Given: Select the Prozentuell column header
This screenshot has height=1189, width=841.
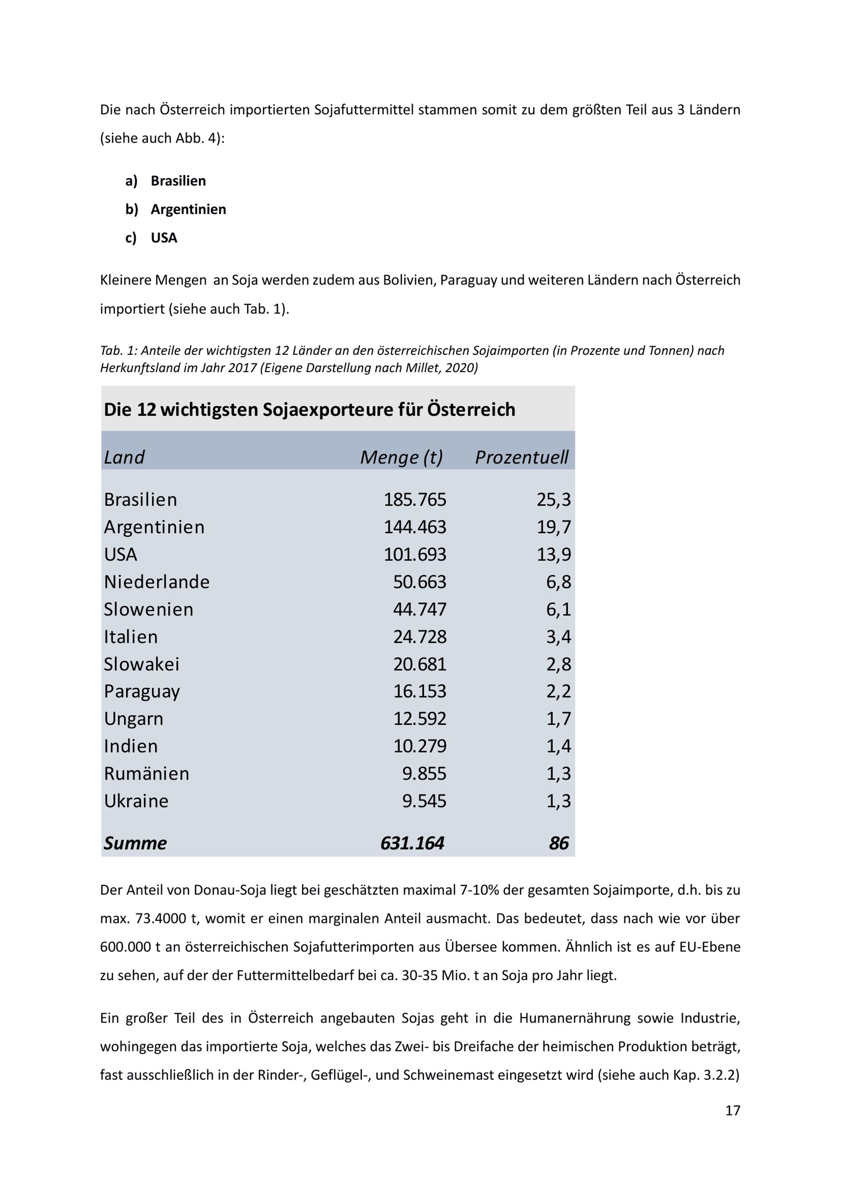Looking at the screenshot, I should pyautogui.click(x=521, y=457).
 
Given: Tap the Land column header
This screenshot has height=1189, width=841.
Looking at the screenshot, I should pyautogui.click(x=124, y=457).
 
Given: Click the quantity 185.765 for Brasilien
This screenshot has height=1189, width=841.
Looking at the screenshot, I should pyautogui.click(x=414, y=500).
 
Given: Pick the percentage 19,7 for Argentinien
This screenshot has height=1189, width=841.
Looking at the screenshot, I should pyautogui.click(x=554, y=527).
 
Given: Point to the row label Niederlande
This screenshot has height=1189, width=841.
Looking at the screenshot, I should pyautogui.click(x=156, y=582).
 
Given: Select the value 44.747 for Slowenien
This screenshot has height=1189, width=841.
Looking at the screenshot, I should pyautogui.click(x=420, y=610).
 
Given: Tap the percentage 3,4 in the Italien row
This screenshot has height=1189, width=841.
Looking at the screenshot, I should pyautogui.click(x=558, y=637).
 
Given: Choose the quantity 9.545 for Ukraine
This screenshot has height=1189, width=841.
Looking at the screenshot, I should pyautogui.click(x=424, y=801).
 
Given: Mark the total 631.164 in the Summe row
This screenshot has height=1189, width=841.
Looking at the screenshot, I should pyautogui.click(x=412, y=843).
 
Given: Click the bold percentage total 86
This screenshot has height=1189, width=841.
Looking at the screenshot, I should pyautogui.click(x=559, y=843).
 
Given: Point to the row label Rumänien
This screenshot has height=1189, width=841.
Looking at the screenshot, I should pyautogui.click(x=147, y=774).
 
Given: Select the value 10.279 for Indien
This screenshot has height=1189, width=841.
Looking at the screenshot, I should pyautogui.click(x=420, y=746).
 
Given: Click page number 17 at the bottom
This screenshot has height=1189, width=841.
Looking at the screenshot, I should pyautogui.click(x=732, y=1110).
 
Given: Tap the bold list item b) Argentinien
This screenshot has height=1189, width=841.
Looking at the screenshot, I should pyautogui.click(x=188, y=209).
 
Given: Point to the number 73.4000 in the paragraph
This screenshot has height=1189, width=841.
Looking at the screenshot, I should pyautogui.click(x=161, y=919).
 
